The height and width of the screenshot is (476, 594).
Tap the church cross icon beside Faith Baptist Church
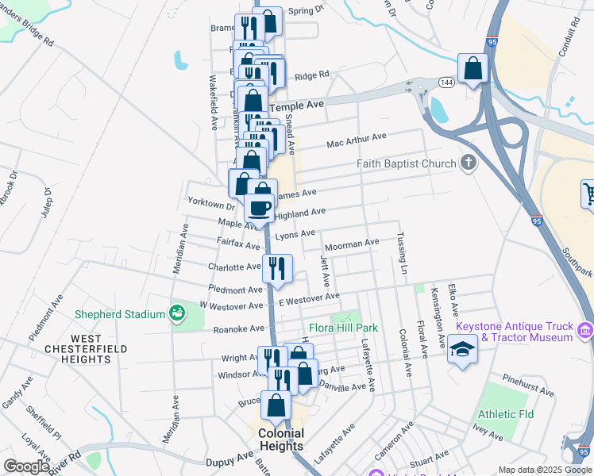pos(469,164)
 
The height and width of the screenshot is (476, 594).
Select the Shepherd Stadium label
pos(119,314)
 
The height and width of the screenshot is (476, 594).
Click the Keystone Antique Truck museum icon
pos(585,329)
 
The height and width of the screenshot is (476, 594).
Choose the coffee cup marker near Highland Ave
pos(260,208)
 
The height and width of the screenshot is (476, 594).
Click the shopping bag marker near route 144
pos(473,69)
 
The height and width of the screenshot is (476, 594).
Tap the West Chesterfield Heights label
pos(79,354)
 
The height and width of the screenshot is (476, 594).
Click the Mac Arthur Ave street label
pos(355,144)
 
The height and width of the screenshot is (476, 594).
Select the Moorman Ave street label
pos(352,243)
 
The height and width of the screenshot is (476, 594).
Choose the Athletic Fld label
pos(505,414)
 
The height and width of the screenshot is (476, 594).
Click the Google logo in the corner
pos(27,466)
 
